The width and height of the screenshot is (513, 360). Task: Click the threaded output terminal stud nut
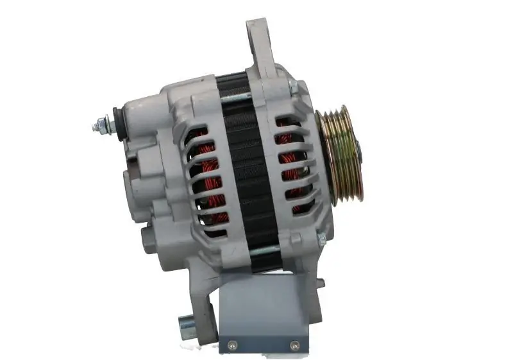100,126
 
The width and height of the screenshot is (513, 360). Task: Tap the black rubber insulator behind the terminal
118,121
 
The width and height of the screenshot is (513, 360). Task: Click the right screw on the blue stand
294,344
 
